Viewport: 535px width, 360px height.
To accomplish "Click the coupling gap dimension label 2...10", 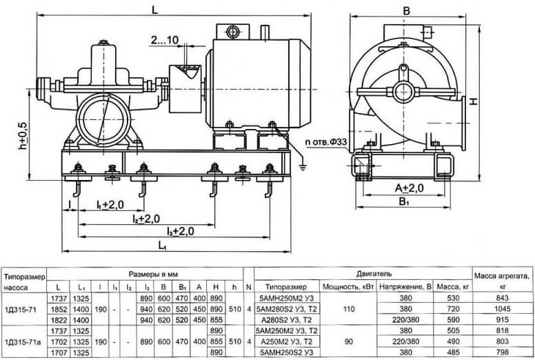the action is point(165,40).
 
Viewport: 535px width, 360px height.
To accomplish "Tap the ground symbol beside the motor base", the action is point(302,166).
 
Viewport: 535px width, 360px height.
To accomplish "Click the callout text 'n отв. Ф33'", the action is point(327,142).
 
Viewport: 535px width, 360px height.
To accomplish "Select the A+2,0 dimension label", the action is point(410,188).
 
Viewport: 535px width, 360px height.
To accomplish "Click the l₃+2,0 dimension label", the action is point(181,231).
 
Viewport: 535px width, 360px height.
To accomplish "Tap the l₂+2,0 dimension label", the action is point(146,219).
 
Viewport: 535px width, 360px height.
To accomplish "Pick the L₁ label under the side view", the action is point(163,245).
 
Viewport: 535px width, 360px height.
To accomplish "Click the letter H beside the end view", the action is point(474,101).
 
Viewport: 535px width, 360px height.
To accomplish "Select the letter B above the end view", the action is point(406,11).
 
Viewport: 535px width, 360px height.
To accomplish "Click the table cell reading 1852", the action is point(59,309).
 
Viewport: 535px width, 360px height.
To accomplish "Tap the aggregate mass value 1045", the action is point(502,309).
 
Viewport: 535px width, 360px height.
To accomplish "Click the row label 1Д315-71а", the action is point(23,341).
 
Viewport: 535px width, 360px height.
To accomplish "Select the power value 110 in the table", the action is point(349,309).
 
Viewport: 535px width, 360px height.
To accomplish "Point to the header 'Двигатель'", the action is point(374,273).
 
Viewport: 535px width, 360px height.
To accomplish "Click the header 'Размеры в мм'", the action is point(153,274).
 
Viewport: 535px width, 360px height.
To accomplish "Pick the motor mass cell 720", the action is point(453,309).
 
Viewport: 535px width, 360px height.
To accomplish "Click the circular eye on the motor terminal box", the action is point(233,32).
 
